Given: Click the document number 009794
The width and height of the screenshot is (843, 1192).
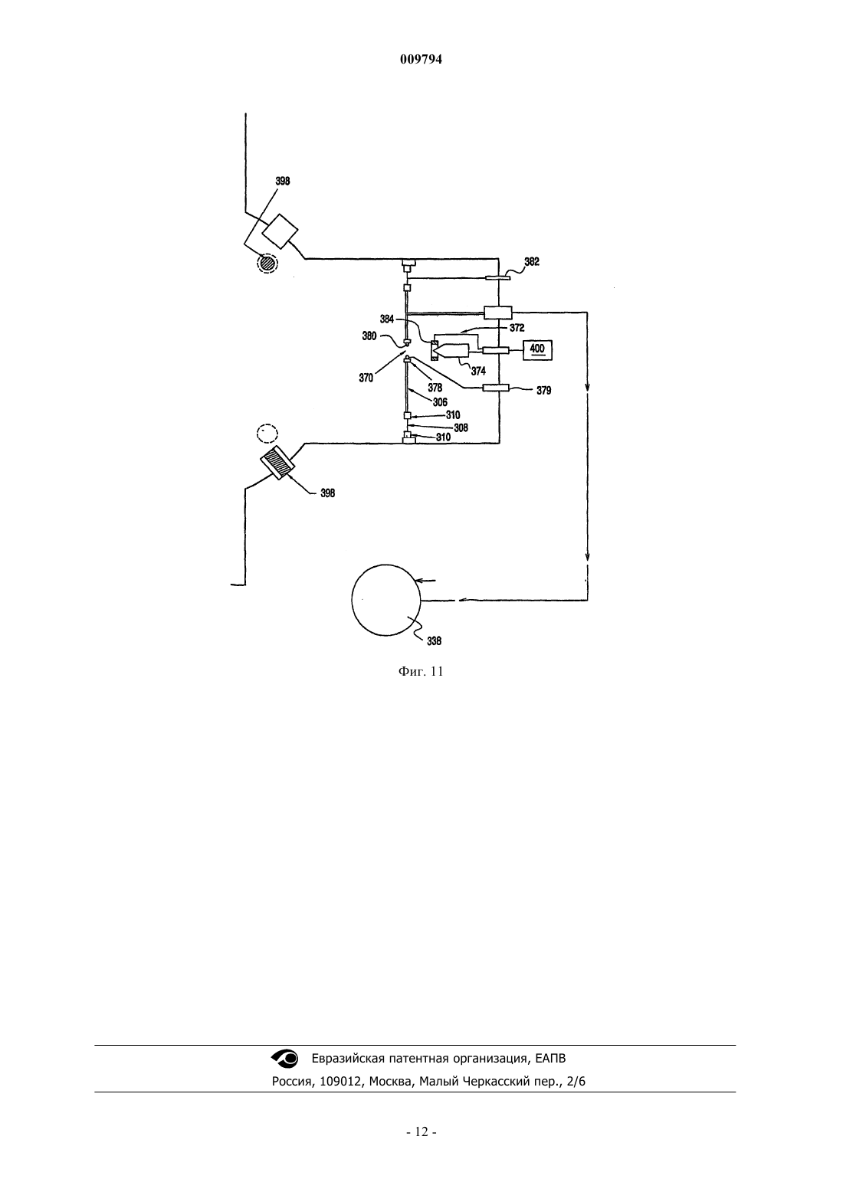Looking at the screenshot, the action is (421, 60).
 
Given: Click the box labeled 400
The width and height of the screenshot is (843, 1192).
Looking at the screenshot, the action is (537, 349).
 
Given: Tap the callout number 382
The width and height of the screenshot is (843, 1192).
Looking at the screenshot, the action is (531, 262).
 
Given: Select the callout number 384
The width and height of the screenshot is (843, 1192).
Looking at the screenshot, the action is (387, 319).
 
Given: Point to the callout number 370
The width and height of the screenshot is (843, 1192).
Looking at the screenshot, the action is (366, 378).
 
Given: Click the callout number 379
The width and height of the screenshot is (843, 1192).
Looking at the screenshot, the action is (543, 391).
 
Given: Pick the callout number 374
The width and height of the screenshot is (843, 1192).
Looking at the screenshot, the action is (478, 372).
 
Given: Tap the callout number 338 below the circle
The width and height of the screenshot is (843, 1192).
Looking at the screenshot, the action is (435, 641).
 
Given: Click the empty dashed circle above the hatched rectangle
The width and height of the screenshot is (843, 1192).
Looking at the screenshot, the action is (267, 434).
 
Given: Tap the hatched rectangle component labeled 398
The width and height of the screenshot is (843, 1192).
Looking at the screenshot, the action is (277, 463).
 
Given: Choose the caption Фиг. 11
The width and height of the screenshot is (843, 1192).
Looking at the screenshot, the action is (421, 672).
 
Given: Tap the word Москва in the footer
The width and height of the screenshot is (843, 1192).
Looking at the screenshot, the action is (391, 1082).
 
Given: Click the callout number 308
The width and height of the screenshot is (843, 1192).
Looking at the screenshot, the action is (461, 427).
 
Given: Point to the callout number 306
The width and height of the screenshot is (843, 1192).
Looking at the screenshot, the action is (440, 403).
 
